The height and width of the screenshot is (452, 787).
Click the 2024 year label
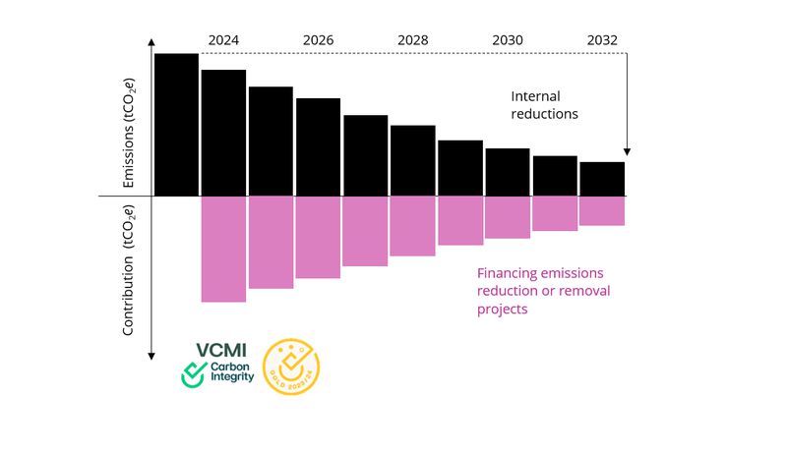223,40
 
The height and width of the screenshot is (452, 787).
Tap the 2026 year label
318,40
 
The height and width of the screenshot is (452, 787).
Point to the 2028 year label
412,40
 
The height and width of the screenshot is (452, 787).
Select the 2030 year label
507,40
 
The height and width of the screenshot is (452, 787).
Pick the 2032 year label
601,40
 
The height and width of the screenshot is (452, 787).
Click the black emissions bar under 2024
223,133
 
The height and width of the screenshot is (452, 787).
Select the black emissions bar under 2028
412,160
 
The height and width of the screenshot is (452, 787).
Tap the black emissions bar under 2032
601,179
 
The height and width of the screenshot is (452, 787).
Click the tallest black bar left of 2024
176,124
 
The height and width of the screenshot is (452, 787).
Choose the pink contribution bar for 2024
223,249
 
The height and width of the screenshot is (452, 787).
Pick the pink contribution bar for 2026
318,237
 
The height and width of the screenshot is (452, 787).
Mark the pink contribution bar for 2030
507,217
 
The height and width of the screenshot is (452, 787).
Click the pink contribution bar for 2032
601,210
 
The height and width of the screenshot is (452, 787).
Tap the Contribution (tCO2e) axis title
129,271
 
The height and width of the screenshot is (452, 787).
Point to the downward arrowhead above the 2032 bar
627,151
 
